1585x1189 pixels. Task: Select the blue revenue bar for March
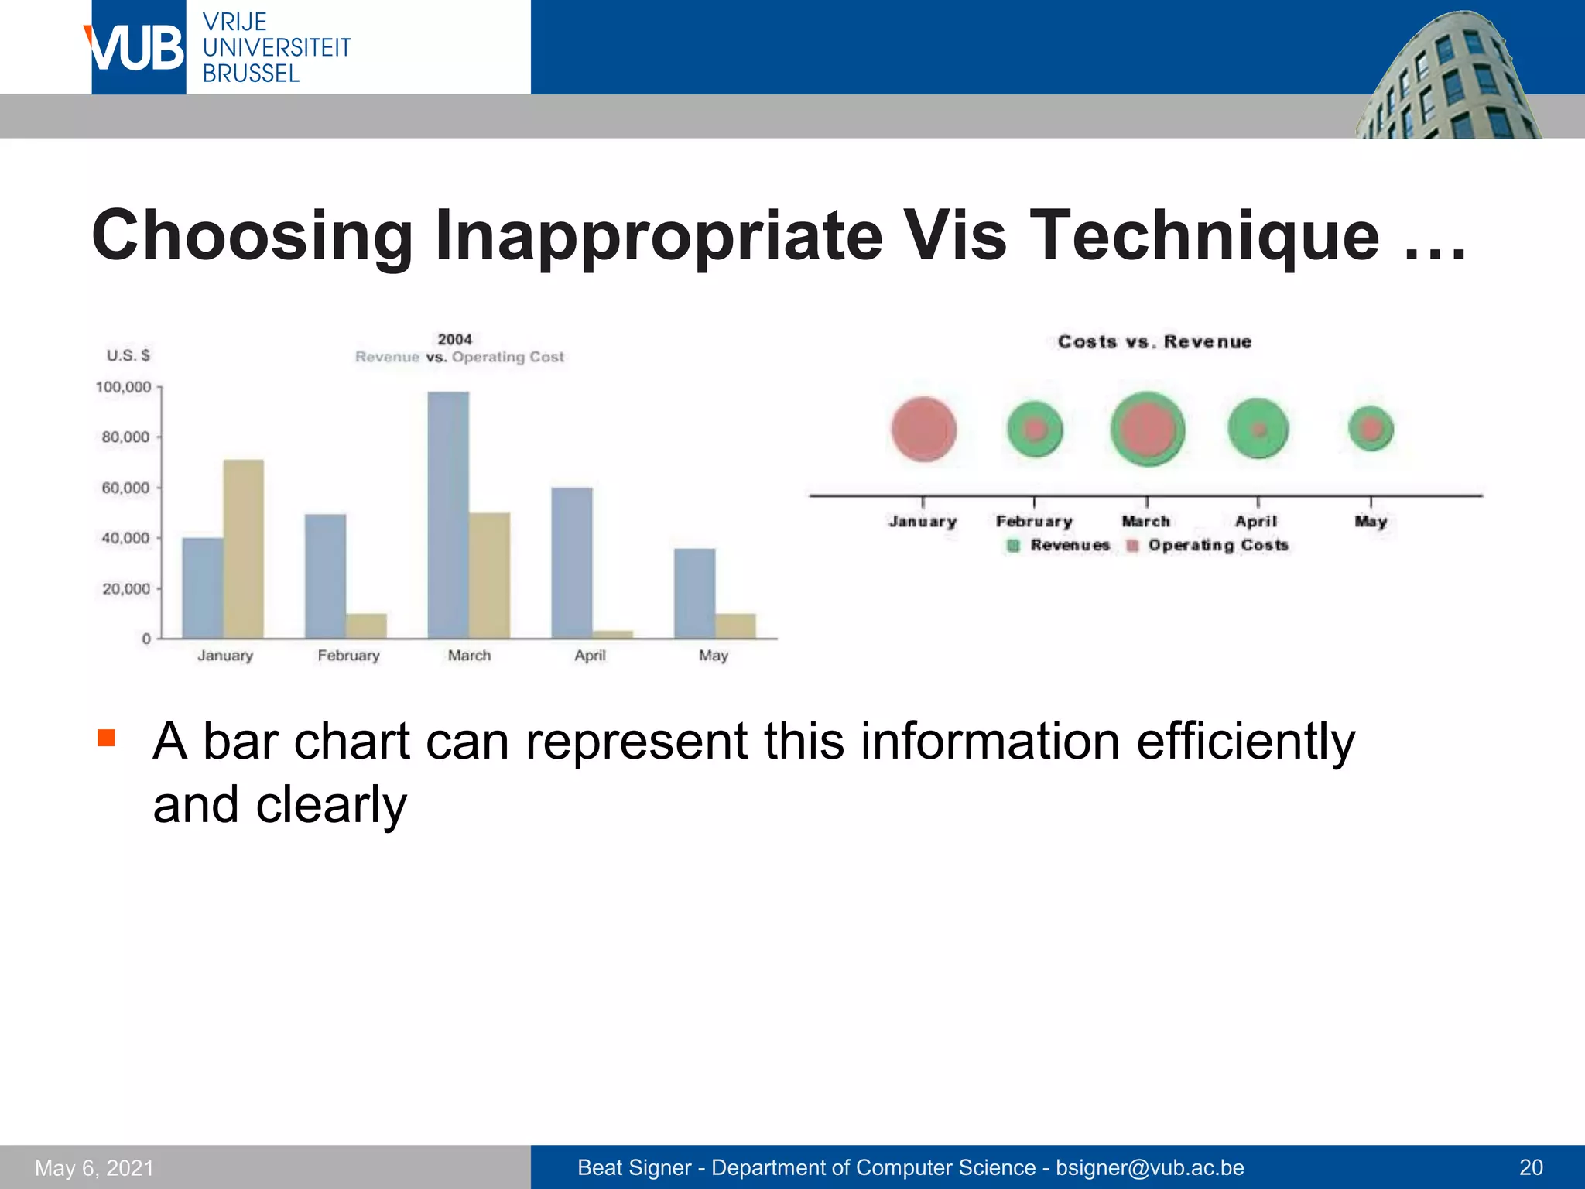448,515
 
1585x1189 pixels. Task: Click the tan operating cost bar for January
243,549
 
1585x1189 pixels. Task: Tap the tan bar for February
366,625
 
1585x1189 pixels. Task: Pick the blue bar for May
694,593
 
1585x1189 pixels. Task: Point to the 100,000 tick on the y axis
124,387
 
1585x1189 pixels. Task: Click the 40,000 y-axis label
125,538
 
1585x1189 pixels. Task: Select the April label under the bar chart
590,656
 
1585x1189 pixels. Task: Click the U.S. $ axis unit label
128,355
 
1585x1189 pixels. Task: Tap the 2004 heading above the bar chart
454,339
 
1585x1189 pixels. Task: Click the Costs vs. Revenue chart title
1154,342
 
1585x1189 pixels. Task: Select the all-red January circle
923,430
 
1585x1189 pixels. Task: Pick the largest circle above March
1147,430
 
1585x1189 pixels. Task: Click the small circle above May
1371,428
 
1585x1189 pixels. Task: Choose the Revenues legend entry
1060,546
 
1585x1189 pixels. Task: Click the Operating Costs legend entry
1210,546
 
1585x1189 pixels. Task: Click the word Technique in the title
1207,235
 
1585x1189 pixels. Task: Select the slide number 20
1531,1167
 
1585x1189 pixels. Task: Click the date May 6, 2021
94,1168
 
